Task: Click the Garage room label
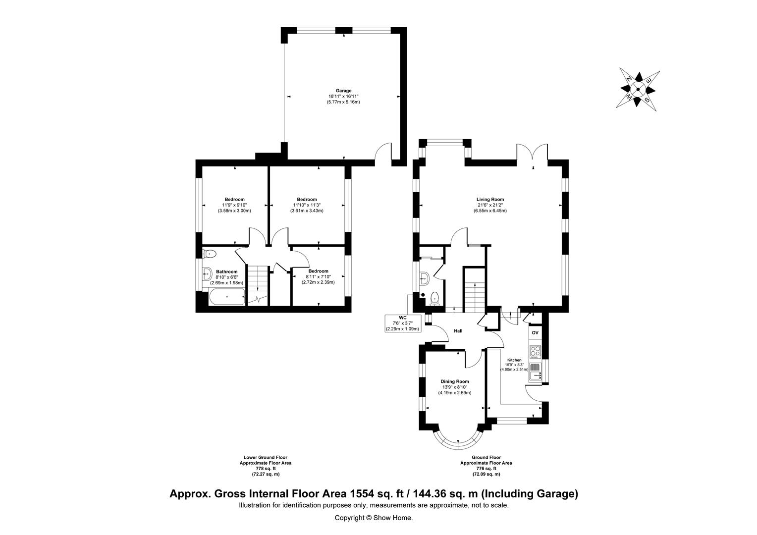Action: click(x=343, y=91)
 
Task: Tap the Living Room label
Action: click(x=489, y=200)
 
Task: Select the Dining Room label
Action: click(x=455, y=381)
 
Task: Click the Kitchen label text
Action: click(x=514, y=360)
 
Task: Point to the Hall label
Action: click(x=458, y=331)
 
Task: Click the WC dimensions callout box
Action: click(x=403, y=323)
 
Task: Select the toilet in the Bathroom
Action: click(x=210, y=254)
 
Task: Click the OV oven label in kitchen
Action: click(x=535, y=333)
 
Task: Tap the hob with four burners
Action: click(x=535, y=352)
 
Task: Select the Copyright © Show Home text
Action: click(x=374, y=518)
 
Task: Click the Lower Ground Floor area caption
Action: click(x=266, y=466)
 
